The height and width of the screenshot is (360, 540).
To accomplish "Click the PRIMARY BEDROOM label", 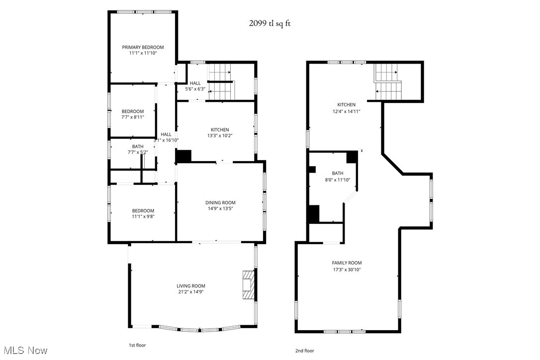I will pos(143,47).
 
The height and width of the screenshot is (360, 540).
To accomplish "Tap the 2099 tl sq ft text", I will pos(270,23).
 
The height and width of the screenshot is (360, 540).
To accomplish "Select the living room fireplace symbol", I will pos(248,285).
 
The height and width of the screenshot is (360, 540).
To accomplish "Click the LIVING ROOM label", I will pos(191,286).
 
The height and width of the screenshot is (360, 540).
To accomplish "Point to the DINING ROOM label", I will pos(220,202).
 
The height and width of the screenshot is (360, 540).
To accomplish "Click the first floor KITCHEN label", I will pos(219,129).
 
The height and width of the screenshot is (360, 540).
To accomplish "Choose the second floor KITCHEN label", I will pos(346,104).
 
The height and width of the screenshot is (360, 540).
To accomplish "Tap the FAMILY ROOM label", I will pos(347,263).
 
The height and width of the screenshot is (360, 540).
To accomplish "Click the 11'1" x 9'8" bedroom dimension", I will pos(143,217).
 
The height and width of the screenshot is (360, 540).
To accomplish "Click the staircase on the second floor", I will pos(388,82).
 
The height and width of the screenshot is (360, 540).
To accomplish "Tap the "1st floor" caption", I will pos(137,345).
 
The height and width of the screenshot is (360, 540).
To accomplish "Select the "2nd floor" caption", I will pos(304,351).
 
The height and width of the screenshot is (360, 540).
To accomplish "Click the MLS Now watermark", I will pos(24,351).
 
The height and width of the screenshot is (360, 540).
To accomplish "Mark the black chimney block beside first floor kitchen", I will pos(184,156).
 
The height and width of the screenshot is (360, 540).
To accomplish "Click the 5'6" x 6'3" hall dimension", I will pos(195,90).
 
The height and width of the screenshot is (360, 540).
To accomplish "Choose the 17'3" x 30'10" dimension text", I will pos(347,270).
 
